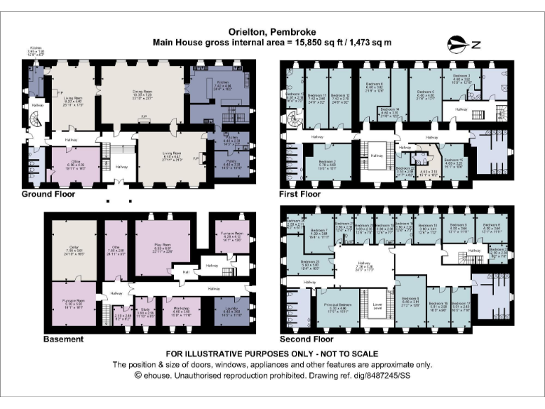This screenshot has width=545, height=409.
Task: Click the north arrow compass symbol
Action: [x=464, y=45]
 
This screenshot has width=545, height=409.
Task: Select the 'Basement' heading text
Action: [x=63, y=339]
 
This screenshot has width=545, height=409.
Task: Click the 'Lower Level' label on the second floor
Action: [x=377, y=310]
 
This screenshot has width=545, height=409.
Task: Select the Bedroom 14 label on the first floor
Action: [x=390, y=110]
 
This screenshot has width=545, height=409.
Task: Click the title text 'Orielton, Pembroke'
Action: [x=272, y=32]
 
